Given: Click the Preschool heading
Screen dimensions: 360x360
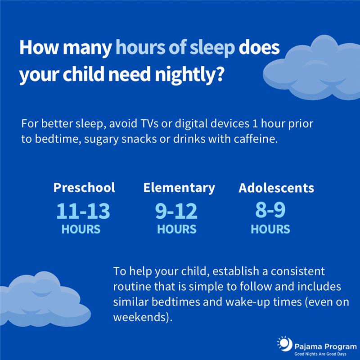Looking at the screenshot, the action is tap(84, 188).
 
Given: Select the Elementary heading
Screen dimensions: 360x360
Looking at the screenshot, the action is tap(179, 188).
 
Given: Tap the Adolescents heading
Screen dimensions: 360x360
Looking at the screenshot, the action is tap(276, 188).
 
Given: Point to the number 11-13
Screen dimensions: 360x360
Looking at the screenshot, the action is tap(83, 211).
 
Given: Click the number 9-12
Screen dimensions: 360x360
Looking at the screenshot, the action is tap(176, 211).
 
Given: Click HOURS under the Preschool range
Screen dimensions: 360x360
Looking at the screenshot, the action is tap(81, 229).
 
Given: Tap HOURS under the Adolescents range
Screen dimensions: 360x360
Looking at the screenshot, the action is tap(270, 229).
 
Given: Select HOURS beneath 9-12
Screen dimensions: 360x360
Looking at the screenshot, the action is tap(177, 229).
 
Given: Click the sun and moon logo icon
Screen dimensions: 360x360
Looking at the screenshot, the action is tap(284, 344).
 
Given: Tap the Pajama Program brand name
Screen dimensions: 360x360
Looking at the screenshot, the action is tap(325, 346).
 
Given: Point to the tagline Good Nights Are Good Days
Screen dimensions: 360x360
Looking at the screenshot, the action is tap(320, 354).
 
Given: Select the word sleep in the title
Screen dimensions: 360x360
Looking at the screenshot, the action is tap(212, 48).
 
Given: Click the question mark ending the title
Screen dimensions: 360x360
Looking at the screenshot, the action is tap(220, 74).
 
